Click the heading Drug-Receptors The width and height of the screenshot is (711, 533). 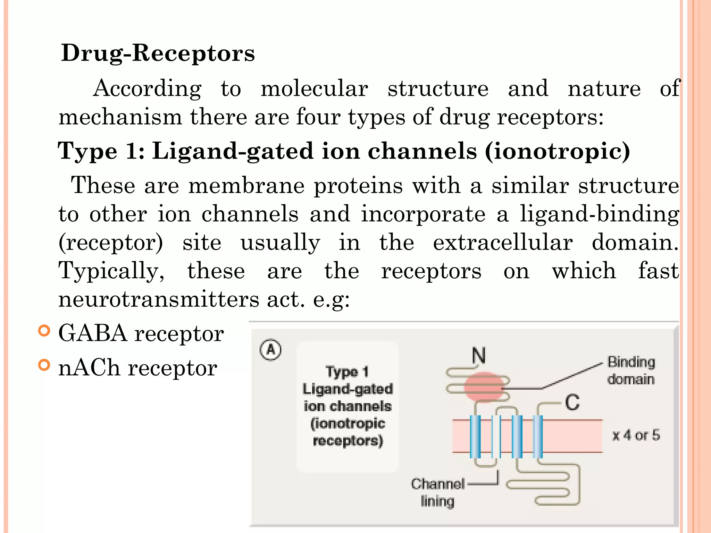click(158, 53)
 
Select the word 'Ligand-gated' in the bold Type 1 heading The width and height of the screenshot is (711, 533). click(233, 151)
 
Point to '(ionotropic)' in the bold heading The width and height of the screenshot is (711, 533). click(557, 151)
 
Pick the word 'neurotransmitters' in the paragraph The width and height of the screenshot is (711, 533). click(159, 299)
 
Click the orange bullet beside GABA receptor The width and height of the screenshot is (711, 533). click(44, 331)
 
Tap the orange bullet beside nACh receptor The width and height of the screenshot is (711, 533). click(44, 365)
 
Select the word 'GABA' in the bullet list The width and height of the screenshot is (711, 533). click(93, 333)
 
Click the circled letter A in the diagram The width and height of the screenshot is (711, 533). click(270, 350)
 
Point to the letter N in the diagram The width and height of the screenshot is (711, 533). click(479, 356)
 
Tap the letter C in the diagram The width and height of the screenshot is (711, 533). click(572, 403)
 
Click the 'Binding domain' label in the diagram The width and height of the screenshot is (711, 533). click(631, 371)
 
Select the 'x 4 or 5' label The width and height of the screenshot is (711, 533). click(636, 435)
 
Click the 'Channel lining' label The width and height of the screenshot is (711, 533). click(437, 492)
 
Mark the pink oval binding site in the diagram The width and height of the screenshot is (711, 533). click(484, 387)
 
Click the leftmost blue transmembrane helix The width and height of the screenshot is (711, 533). click(475, 437)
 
